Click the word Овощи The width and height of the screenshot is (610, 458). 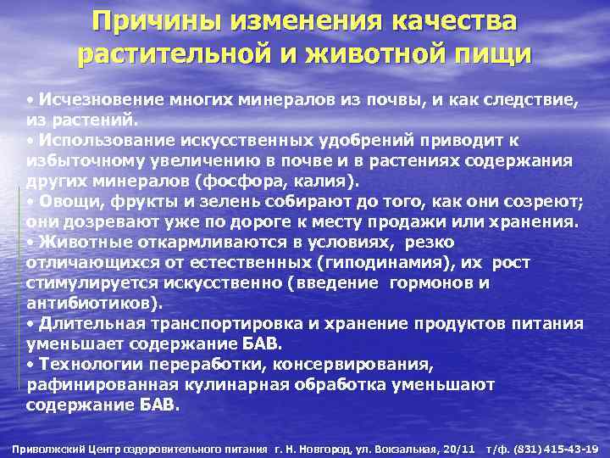coord(68,201)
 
